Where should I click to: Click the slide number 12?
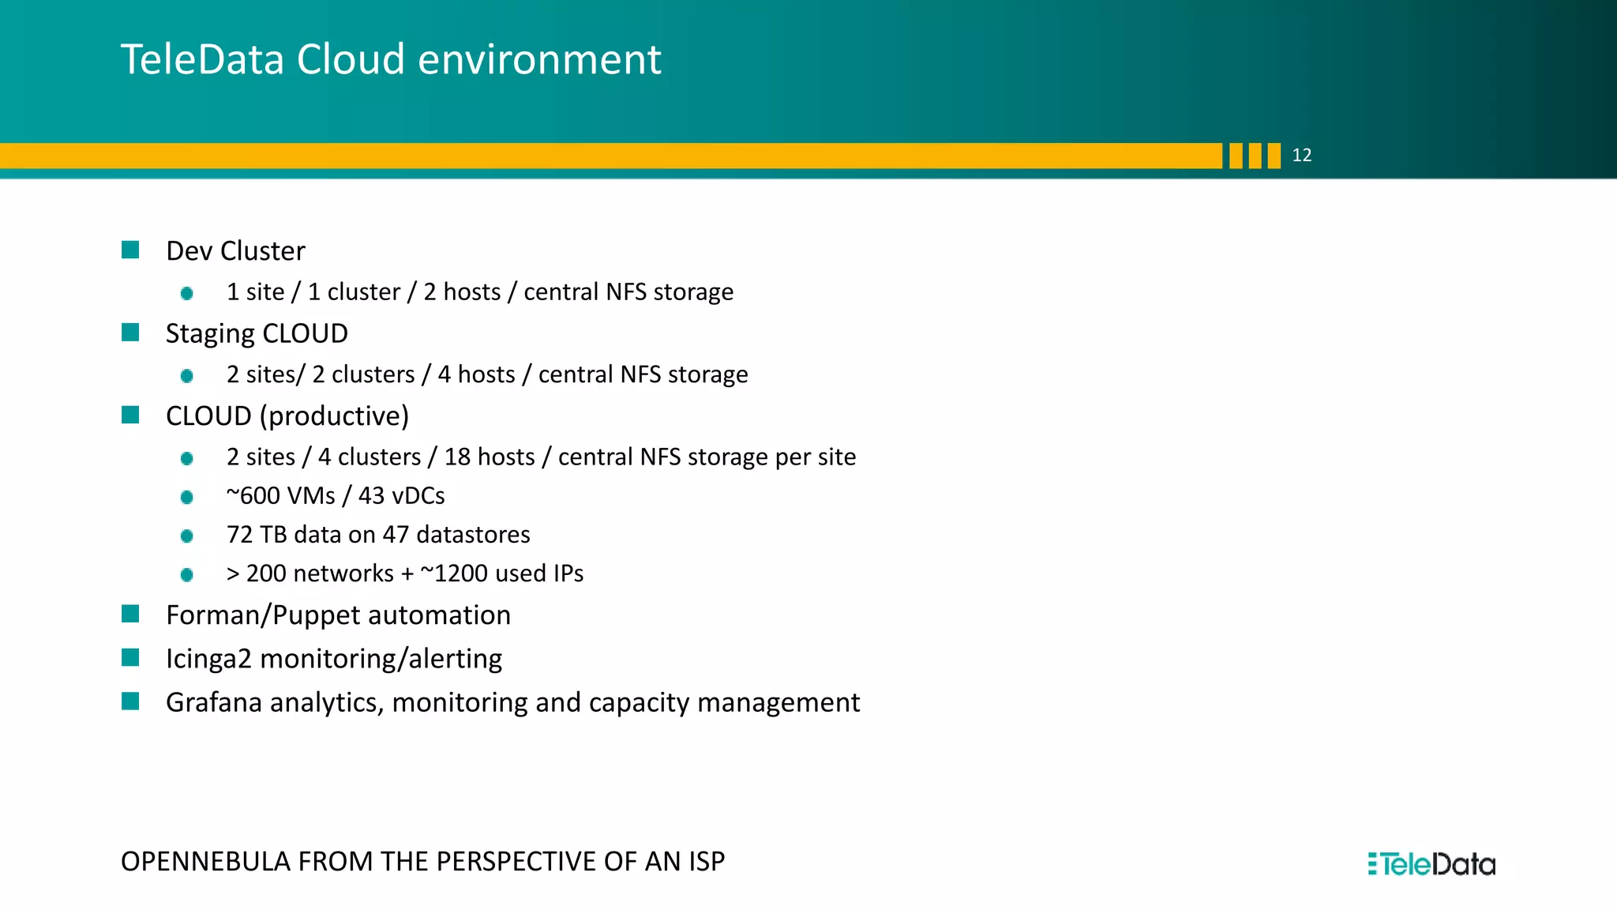(1301, 156)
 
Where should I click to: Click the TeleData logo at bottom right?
(1431, 864)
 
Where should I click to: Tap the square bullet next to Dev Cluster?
(130, 250)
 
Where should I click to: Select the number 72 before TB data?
(239, 535)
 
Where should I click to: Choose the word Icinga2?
(208, 659)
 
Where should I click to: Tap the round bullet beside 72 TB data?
(187, 536)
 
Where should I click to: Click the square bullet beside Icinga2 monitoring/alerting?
(130, 658)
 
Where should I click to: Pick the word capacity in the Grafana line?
(639, 703)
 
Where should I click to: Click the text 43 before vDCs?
(371, 496)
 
